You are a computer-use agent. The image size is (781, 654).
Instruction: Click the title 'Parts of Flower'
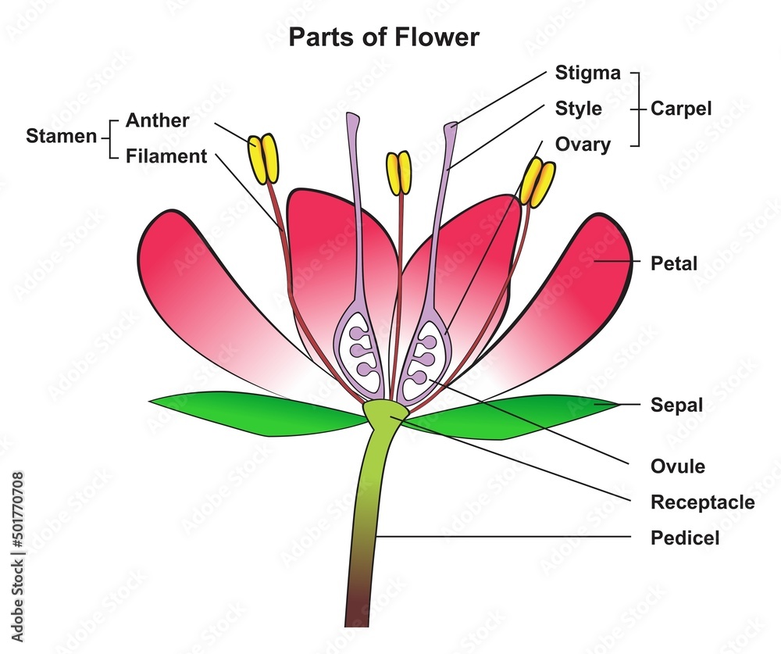click(x=383, y=37)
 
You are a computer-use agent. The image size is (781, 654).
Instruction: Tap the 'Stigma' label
click(x=587, y=73)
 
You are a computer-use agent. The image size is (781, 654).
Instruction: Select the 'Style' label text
click(x=578, y=108)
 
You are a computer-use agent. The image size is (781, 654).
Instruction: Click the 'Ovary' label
click(x=583, y=144)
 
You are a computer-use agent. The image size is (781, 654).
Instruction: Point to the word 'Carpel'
click(x=682, y=109)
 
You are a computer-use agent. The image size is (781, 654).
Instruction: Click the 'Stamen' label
click(x=61, y=136)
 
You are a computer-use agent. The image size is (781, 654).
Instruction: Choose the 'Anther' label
click(x=157, y=120)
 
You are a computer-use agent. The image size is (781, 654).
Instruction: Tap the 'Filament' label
click(x=166, y=156)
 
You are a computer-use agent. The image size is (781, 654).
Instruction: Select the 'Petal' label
click(x=673, y=263)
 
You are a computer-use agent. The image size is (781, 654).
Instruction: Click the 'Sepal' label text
click(x=676, y=405)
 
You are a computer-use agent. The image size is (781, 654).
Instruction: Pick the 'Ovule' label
click(x=677, y=466)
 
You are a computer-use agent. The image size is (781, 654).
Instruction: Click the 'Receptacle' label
click(x=702, y=502)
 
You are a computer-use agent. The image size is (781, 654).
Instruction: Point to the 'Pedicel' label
click(x=684, y=538)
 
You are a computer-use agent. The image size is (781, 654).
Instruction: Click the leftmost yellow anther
click(x=263, y=158)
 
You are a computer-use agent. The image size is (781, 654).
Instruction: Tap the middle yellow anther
click(x=398, y=173)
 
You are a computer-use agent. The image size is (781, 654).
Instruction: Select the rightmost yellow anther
click(x=537, y=182)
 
